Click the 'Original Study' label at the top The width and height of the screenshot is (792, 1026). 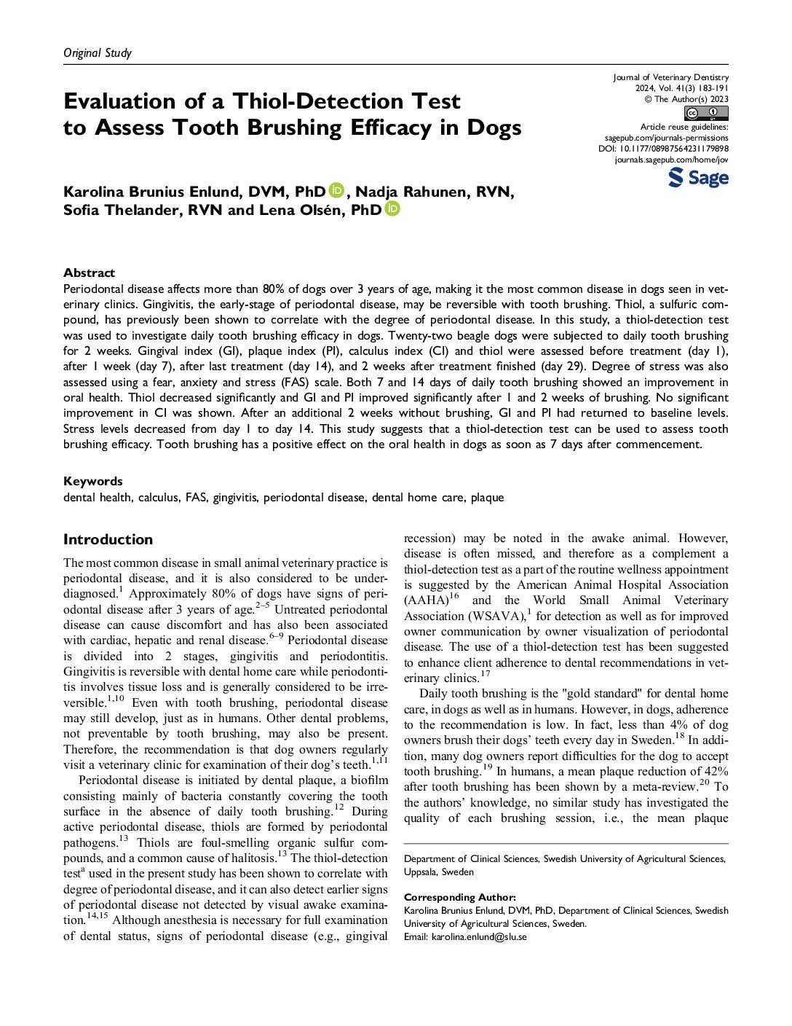pyautogui.click(x=98, y=52)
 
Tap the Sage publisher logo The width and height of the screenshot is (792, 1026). pyautogui.click(x=698, y=178)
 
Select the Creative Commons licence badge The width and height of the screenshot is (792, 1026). pyautogui.click(x=706, y=113)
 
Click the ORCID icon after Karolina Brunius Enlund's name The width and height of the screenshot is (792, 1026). pyautogui.click(x=336, y=191)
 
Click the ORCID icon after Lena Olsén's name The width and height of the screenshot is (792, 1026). pyautogui.click(x=392, y=210)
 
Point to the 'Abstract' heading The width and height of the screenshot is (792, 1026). pyautogui.click(x=89, y=273)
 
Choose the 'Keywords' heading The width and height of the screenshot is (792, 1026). pyautogui.click(x=93, y=481)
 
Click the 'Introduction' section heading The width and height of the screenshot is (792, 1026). pyautogui.click(x=108, y=539)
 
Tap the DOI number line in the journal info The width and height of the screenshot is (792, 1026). pyautogui.click(x=663, y=149)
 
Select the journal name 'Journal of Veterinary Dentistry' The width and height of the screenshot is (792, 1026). pyautogui.click(x=670, y=77)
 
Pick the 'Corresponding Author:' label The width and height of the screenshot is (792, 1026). pyautogui.click(x=460, y=897)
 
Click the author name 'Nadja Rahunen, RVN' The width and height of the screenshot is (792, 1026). pyautogui.click(x=434, y=192)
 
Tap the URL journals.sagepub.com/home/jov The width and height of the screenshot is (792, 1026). pyautogui.click(x=671, y=160)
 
